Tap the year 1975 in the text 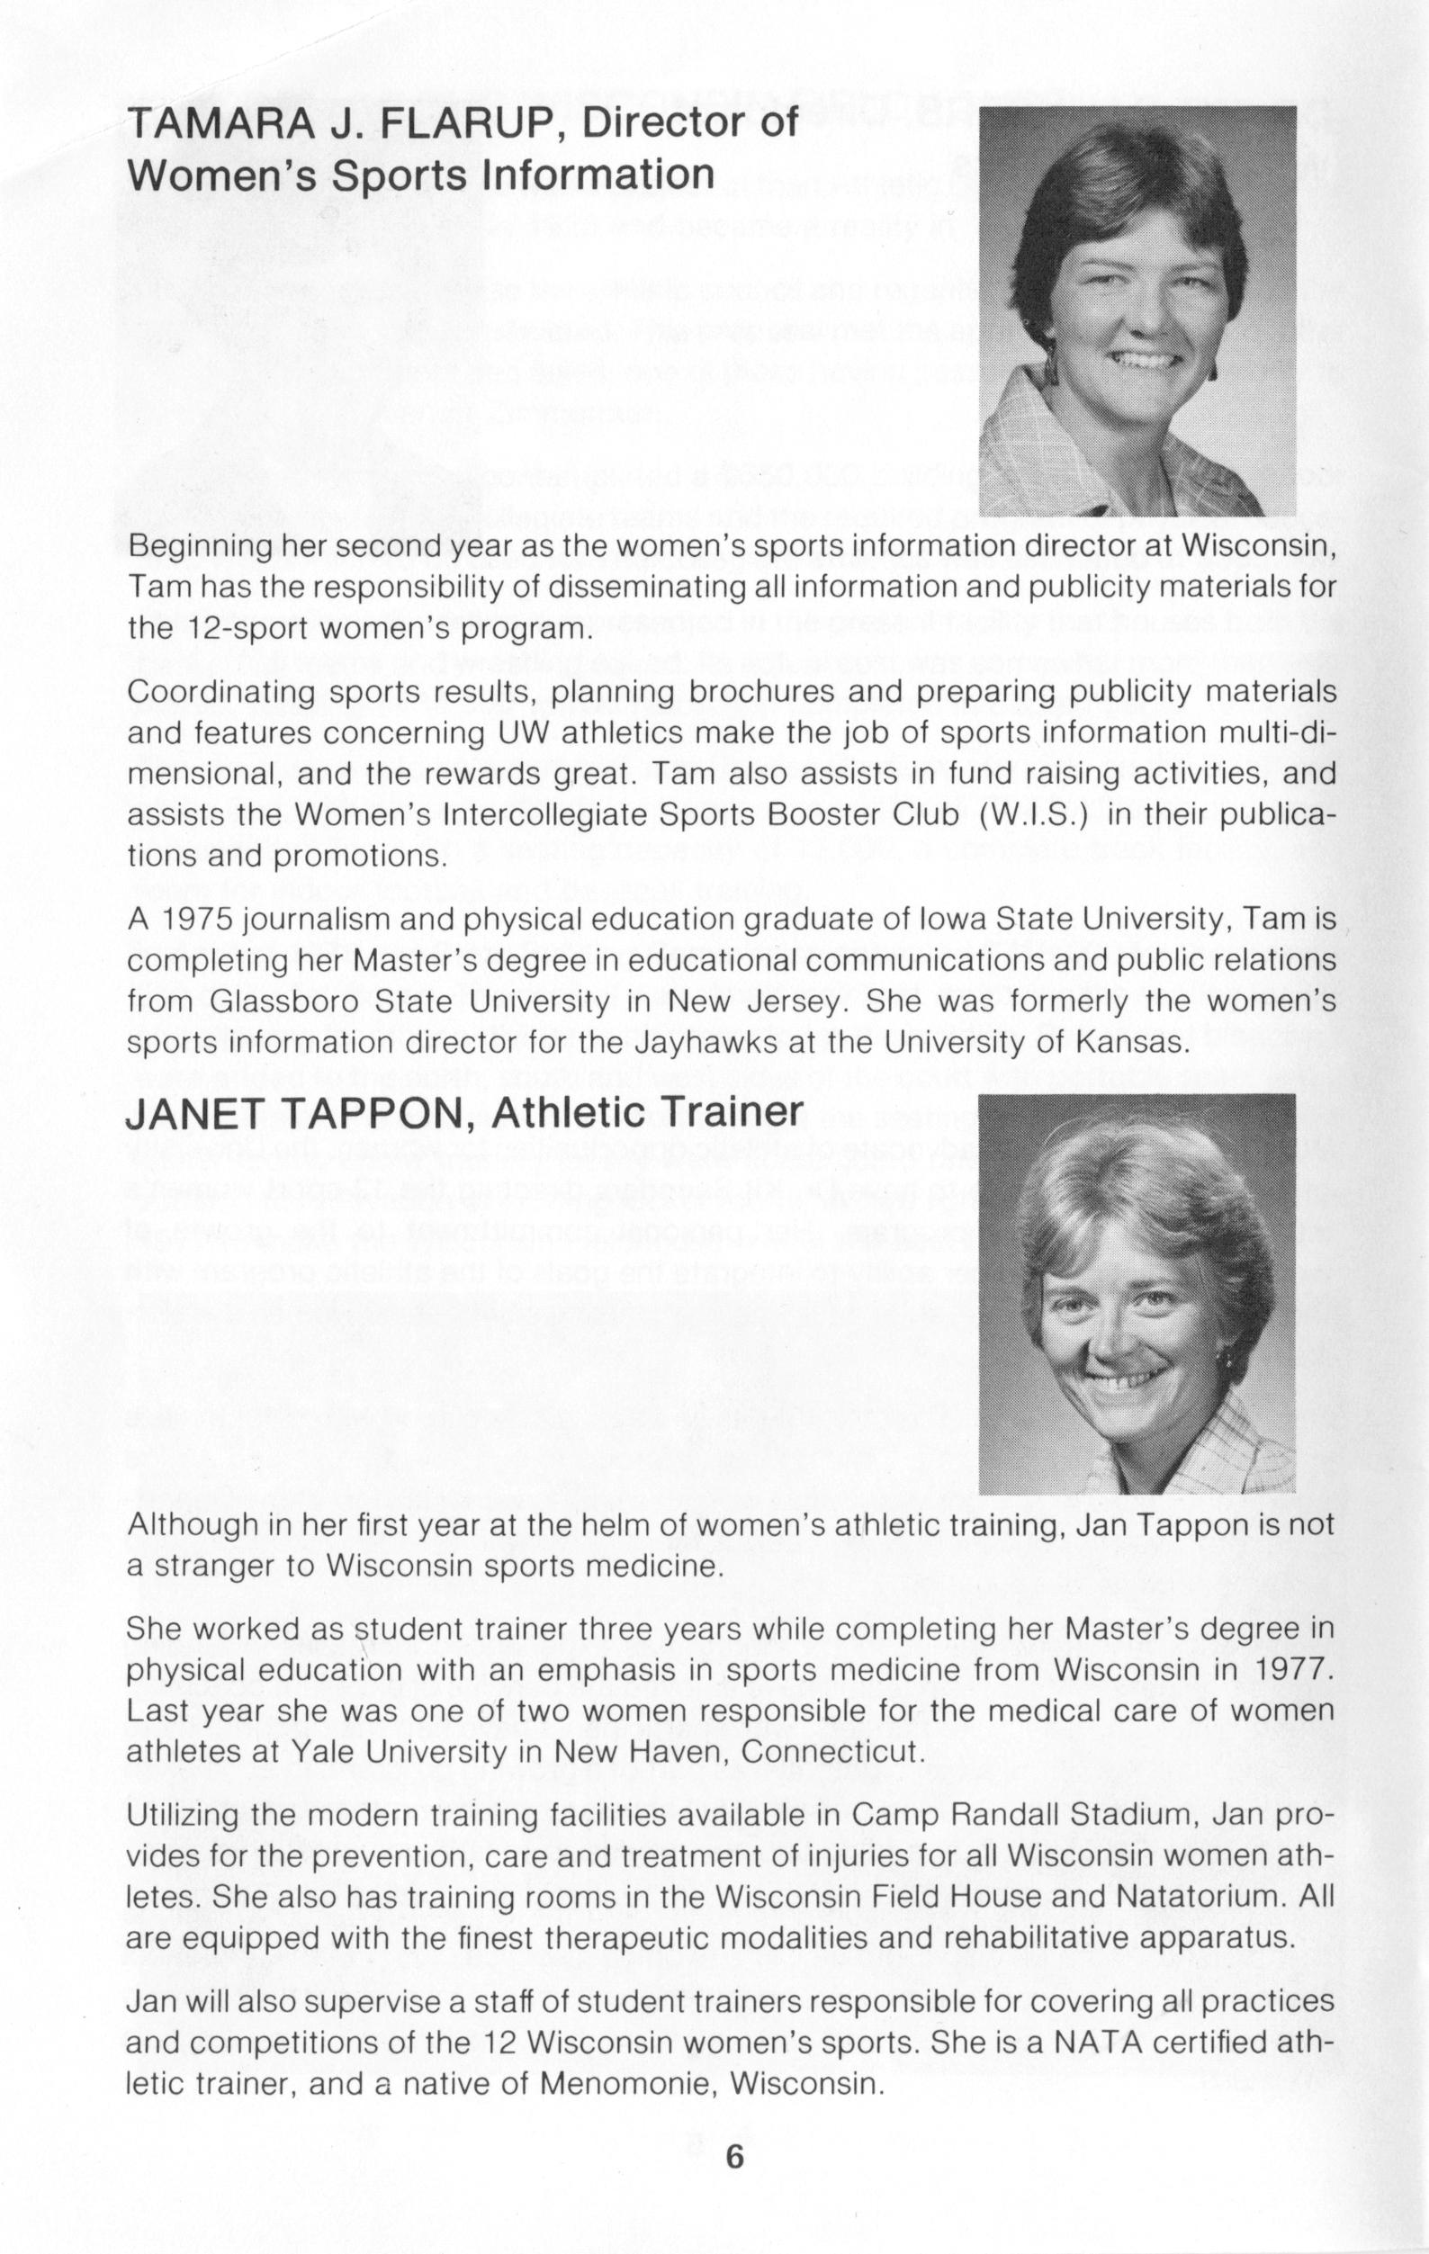pos(196,921)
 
